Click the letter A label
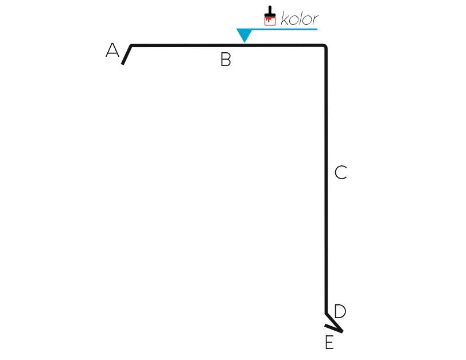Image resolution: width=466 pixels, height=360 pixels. coord(112,50)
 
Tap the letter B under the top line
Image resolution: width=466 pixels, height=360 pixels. coord(226,59)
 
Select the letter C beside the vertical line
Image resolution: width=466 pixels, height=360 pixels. coord(340,172)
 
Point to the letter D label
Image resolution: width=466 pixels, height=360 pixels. coord(340,311)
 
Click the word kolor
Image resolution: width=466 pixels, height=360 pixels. coord(300,18)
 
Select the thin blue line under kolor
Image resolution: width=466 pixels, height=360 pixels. coord(285,29)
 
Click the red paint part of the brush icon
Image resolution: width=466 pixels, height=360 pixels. coord(270,21)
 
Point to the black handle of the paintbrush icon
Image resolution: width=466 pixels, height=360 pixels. coord(270,11)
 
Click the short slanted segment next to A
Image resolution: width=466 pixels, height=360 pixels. coord(127,55)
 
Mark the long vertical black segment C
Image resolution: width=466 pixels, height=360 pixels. coord(326,179)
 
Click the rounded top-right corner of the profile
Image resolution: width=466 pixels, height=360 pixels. coord(325,46)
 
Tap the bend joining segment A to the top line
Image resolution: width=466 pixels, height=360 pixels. coord(131,45)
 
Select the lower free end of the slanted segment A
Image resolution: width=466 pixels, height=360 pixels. coord(123,64)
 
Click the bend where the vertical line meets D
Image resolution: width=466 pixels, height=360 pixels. coord(326,313)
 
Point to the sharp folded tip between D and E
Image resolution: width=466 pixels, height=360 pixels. coord(342,331)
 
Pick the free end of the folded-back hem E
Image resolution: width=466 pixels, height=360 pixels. coord(325,325)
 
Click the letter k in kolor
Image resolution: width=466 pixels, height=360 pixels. coord(285,18)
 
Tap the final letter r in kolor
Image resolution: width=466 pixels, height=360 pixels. coord(315,20)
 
